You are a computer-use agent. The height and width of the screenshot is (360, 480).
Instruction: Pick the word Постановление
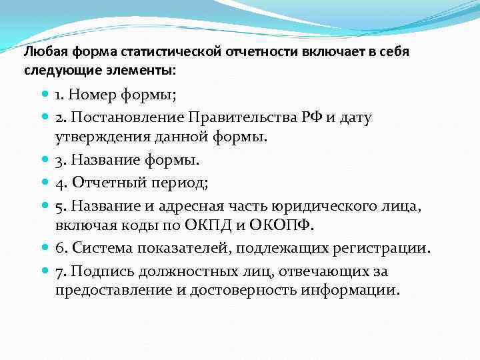(127, 118)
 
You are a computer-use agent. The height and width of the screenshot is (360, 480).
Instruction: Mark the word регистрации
(383, 248)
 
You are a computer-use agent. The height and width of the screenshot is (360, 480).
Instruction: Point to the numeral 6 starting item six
(59, 248)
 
